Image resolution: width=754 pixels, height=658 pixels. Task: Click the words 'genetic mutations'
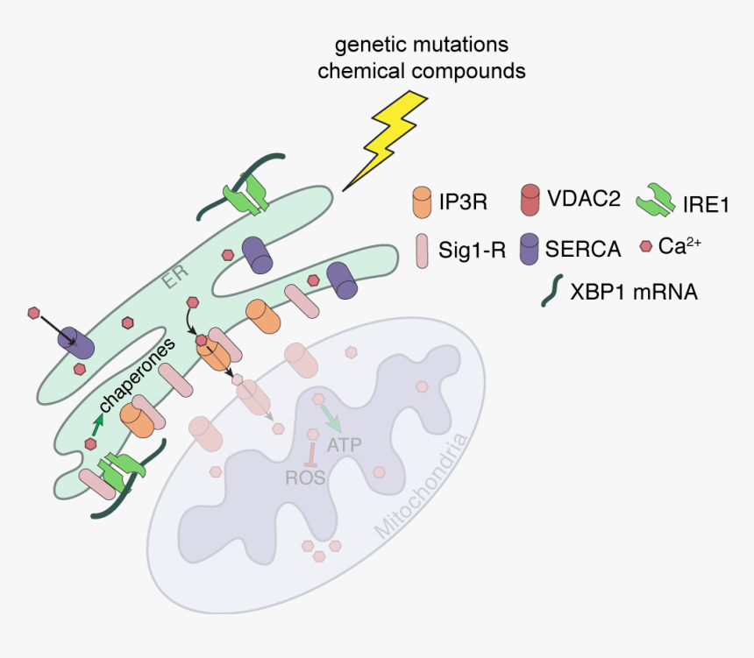pos(421,44)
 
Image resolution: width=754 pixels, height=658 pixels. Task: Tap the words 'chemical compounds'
pos(421,71)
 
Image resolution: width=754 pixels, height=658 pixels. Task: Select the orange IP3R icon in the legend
pos(423,202)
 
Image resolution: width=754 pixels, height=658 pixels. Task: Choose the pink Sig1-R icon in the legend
pos(423,249)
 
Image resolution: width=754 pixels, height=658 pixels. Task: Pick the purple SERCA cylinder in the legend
pos(530,248)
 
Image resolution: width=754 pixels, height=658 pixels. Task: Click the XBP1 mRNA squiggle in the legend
pos(551,290)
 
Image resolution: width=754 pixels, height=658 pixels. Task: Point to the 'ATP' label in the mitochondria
pos(345,445)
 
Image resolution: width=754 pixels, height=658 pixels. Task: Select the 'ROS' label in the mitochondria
pos(306,478)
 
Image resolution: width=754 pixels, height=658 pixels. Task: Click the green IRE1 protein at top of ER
pos(246,193)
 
